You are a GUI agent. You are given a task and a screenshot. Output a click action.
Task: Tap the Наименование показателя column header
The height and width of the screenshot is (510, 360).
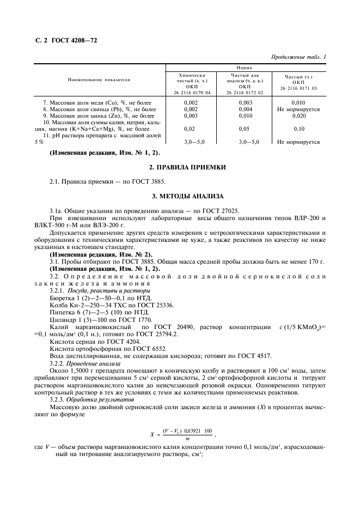99,80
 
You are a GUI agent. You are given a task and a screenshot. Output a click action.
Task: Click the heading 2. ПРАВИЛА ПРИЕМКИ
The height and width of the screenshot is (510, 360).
179,166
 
